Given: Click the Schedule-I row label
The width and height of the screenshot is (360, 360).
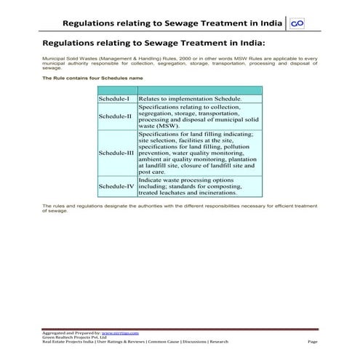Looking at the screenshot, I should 114,98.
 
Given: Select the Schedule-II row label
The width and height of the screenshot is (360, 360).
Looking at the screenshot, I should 116,116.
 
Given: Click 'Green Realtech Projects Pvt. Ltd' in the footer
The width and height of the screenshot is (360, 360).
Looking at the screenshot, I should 74,336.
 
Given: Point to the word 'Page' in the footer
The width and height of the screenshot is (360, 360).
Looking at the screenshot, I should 313,341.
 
